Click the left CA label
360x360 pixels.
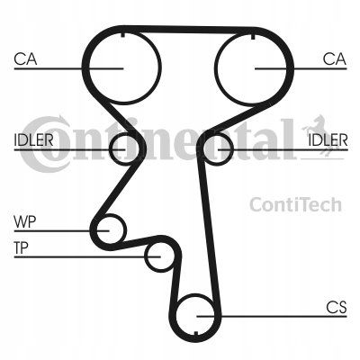click(25, 59)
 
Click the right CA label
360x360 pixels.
click(335, 59)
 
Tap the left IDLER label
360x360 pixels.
click(33, 139)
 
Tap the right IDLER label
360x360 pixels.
click(328, 139)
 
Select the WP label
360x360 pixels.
click(25, 222)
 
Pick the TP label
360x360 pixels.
click(21, 248)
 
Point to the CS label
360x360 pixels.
click(337, 308)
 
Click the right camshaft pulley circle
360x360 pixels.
click(215, 68)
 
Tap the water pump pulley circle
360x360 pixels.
click(125, 230)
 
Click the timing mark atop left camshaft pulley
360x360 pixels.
click(122, 35)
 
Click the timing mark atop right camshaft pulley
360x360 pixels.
click(253, 36)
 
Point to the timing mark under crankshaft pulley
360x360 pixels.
click(195, 334)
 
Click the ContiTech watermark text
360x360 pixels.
click(295, 205)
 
